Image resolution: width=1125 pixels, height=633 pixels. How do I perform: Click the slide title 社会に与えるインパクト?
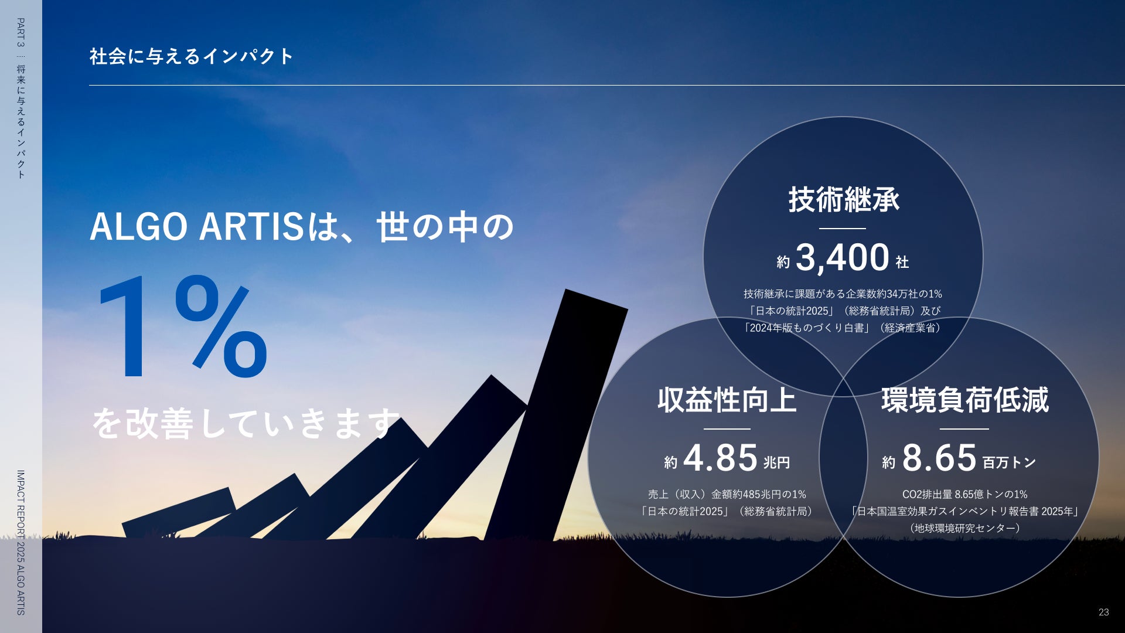pyautogui.click(x=191, y=56)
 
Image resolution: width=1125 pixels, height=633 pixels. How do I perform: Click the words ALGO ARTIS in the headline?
pyautogui.click(x=197, y=227)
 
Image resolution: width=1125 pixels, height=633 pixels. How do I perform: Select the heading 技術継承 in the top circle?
pyautogui.click(x=844, y=199)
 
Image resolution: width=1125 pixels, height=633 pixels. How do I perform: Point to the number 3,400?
pyautogui.click(x=843, y=257)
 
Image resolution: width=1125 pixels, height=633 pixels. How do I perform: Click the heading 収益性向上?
pyautogui.click(x=727, y=400)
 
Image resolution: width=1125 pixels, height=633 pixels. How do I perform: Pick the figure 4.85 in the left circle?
pyautogui.click(x=720, y=458)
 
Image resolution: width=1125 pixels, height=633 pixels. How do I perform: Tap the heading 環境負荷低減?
pyautogui.click(x=965, y=400)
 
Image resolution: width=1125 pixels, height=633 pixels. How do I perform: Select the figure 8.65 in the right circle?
pyautogui.click(x=939, y=458)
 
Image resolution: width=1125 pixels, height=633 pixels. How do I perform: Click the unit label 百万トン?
pyautogui.click(x=1009, y=462)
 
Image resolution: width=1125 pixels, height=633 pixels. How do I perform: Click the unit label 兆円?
pyautogui.click(x=777, y=462)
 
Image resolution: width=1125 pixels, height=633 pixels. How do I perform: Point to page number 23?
pyautogui.click(x=1103, y=612)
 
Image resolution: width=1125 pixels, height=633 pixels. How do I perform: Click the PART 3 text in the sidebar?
pyautogui.click(x=21, y=32)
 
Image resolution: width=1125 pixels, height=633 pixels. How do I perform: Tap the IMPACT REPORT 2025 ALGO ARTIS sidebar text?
pyautogui.click(x=21, y=543)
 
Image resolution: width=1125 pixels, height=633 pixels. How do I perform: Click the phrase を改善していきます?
pyautogui.click(x=246, y=423)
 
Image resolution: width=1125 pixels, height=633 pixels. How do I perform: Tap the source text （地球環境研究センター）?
pyautogui.click(x=965, y=528)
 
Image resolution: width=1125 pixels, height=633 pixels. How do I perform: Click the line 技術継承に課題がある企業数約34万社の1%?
pyautogui.click(x=843, y=294)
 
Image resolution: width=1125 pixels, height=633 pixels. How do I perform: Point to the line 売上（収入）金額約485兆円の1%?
pyautogui.click(x=727, y=494)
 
